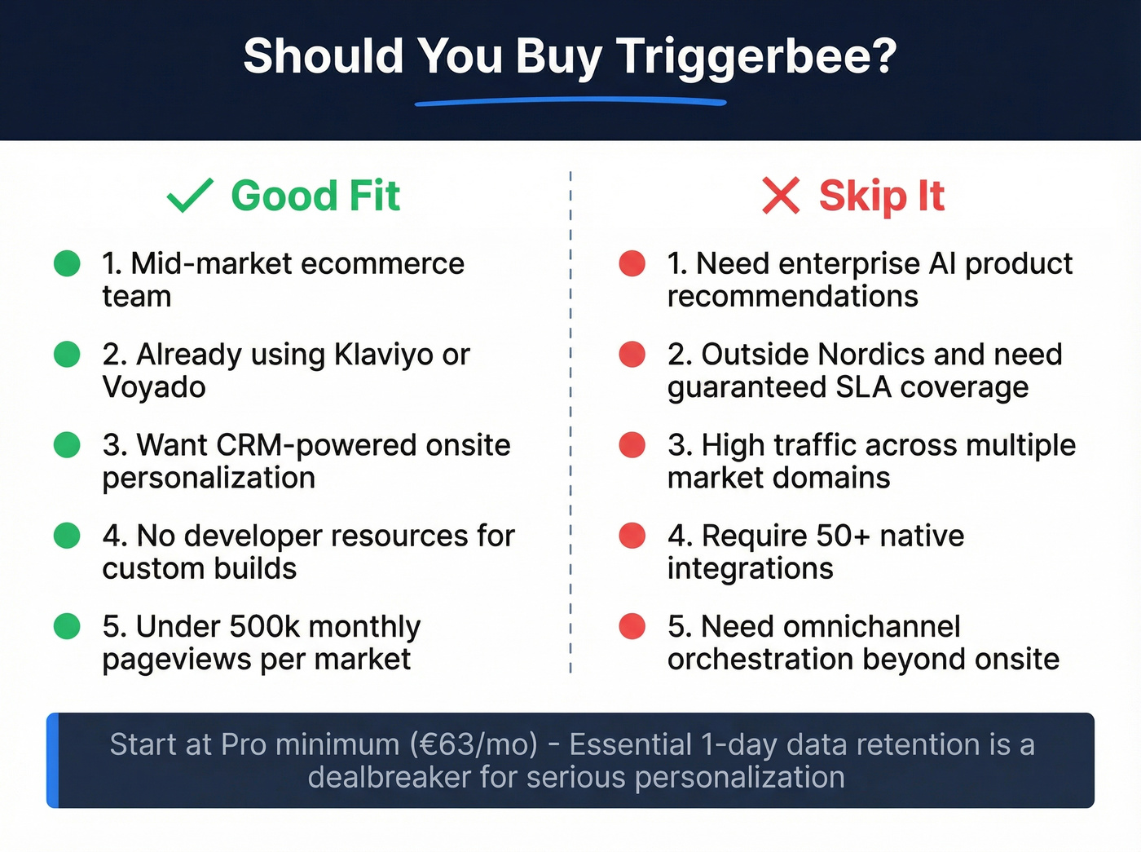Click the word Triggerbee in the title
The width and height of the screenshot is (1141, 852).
756,57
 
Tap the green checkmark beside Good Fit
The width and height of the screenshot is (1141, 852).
190,196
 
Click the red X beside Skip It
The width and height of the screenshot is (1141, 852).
781,196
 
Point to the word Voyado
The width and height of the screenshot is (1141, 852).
154,387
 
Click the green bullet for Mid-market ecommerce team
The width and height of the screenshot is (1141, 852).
67,263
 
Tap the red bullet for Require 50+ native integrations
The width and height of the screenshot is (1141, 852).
632,536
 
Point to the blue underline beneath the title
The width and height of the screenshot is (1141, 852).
570,102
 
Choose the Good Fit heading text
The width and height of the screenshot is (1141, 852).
315,196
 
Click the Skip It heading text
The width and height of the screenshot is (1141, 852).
881,196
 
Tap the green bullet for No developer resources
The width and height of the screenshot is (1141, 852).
67,536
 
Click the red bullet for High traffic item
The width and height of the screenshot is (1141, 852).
632,445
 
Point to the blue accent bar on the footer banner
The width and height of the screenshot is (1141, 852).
53,761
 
